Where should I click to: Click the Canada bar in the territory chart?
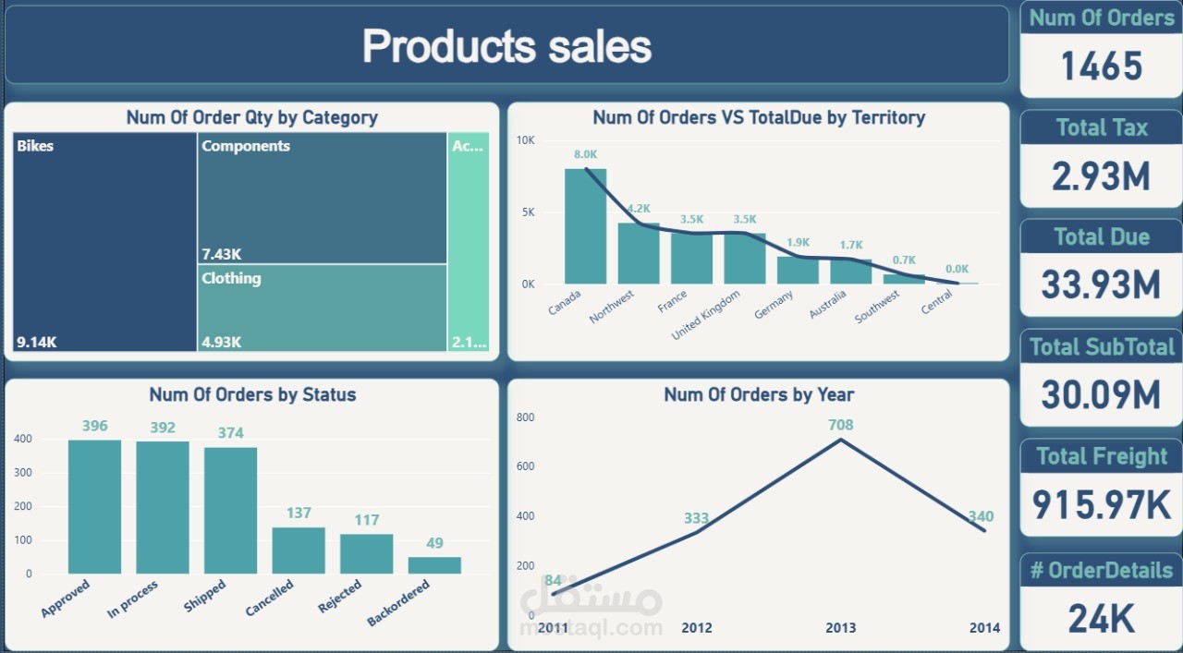tap(585, 226)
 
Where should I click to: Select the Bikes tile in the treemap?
tap(104, 242)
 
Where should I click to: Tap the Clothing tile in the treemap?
tap(322, 308)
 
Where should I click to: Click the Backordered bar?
tap(434, 565)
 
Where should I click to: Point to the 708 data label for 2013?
tap(841, 425)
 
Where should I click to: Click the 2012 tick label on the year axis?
tap(697, 628)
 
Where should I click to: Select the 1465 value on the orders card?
tap(1101, 67)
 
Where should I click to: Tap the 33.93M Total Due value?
tap(1101, 284)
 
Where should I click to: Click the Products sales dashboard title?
tap(506, 46)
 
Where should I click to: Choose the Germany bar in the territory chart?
tap(798, 270)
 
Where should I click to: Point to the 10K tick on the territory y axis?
tap(526, 140)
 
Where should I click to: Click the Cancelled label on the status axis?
tap(270, 598)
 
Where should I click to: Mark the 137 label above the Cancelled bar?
tap(299, 513)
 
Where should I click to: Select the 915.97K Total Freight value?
tap(1101, 504)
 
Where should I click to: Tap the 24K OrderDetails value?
tap(1101, 619)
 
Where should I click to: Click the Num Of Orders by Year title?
tap(759, 395)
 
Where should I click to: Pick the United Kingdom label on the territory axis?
tap(706, 315)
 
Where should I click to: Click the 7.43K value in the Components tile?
tap(221, 254)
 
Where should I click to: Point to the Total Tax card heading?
tap(1101, 127)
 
